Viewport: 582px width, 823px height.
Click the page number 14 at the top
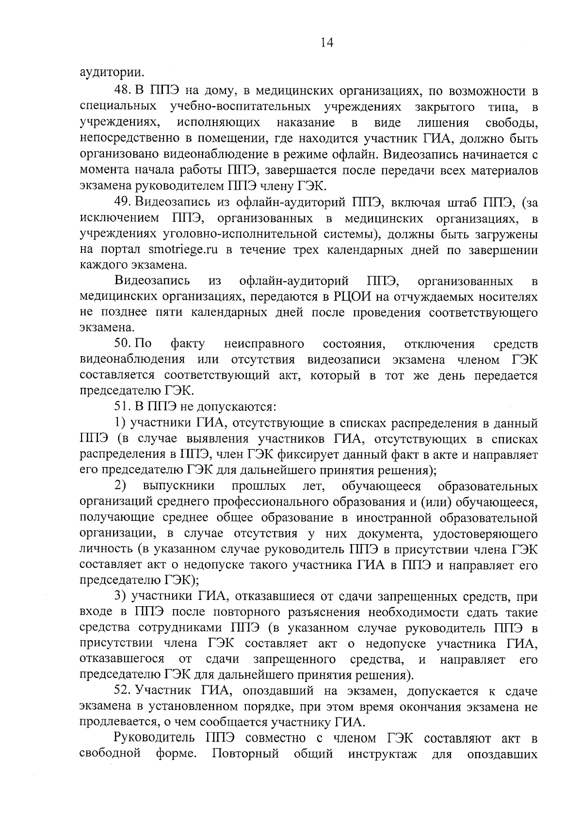pyautogui.click(x=327, y=43)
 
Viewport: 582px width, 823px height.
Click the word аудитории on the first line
pyautogui.click(x=112, y=74)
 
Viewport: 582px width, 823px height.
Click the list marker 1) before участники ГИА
pyautogui.click(x=121, y=423)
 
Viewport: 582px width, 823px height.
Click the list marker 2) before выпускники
pyautogui.click(x=121, y=486)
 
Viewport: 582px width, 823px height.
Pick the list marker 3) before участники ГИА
pyautogui.click(x=121, y=596)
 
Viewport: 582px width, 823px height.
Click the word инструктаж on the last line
pyautogui.click(x=382, y=754)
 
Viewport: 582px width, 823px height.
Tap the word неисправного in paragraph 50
pyautogui.click(x=264, y=344)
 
